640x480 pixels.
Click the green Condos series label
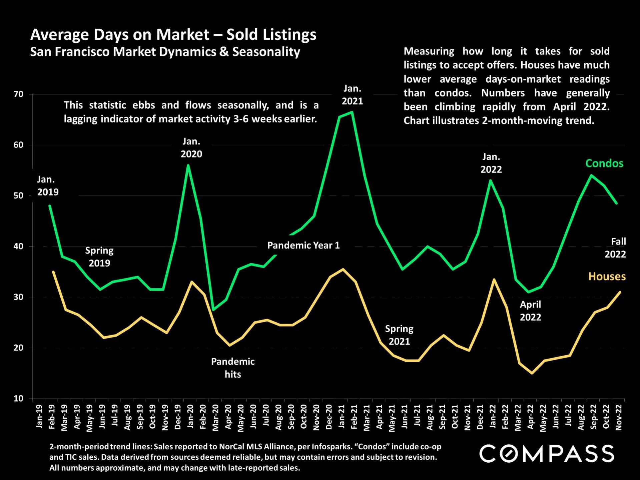point(604,163)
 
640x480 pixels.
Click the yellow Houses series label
point(607,277)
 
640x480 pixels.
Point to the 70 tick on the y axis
point(19,94)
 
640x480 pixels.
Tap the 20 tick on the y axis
point(19,348)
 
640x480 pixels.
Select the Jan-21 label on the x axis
point(342,417)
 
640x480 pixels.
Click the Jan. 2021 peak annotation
point(352,95)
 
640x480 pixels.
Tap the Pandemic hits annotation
point(233,368)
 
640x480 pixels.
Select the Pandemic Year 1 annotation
point(303,246)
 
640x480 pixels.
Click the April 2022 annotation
point(530,311)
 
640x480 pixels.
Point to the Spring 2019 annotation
point(99,257)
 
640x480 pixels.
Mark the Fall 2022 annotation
point(616,248)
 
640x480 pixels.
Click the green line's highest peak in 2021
point(352,112)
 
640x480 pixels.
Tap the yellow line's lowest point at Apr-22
point(532,373)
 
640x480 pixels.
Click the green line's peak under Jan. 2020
point(188,165)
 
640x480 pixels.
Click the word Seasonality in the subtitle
point(266,52)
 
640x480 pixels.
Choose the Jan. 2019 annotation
point(48,186)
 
